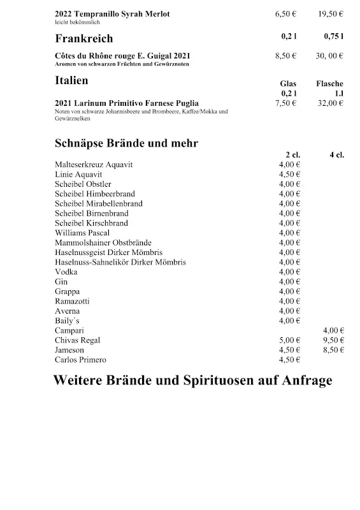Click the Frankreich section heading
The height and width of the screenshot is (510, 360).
click(x=84, y=38)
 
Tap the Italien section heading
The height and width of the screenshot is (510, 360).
click(x=71, y=81)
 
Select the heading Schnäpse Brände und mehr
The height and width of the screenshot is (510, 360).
click(x=126, y=143)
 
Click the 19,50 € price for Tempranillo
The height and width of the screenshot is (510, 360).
click(x=330, y=14)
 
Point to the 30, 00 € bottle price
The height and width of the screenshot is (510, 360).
click(x=330, y=56)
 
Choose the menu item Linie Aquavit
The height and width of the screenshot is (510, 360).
click(x=78, y=174)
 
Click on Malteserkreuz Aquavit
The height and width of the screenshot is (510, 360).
click(x=94, y=164)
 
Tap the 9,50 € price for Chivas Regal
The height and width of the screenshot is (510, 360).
click(x=333, y=340)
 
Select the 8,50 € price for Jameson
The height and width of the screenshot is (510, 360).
click(x=333, y=350)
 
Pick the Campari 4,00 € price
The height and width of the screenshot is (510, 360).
click(x=333, y=330)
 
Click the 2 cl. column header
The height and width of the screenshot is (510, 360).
click(x=292, y=155)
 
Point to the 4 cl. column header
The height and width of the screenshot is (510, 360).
click(x=336, y=155)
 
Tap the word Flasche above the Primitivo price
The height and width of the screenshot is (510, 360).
click(x=329, y=84)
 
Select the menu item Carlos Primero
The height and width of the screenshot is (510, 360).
click(x=80, y=360)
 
